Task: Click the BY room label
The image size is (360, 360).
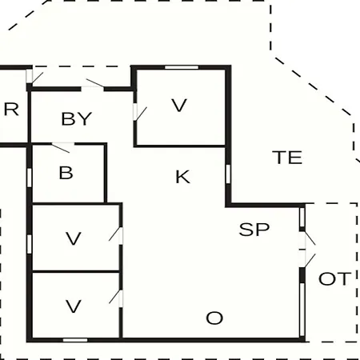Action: [x=77, y=118]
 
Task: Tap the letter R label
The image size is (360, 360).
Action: [x=11, y=110]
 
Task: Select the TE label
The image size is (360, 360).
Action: [x=287, y=158]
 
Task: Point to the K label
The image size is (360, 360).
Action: [x=183, y=177]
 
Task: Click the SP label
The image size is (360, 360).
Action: [x=254, y=230]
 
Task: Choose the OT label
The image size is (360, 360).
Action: [x=334, y=278]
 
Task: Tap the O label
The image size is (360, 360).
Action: [x=214, y=318]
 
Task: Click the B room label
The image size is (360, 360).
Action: [x=66, y=173]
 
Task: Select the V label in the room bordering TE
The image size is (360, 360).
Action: [x=179, y=105]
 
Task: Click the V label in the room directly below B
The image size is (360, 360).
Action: [x=74, y=238]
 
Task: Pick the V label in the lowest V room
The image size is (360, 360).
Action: [x=74, y=306]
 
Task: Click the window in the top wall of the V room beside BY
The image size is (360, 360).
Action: [x=182, y=67]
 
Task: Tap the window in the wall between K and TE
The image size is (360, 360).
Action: [x=228, y=174]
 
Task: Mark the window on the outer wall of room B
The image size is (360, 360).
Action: [x=30, y=178]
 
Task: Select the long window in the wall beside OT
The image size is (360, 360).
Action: [x=302, y=310]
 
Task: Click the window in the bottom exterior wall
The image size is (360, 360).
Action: [x=75, y=340]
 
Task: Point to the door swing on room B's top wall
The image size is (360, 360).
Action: [x=61, y=148]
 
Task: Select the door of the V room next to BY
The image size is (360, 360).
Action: [x=138, y=113]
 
